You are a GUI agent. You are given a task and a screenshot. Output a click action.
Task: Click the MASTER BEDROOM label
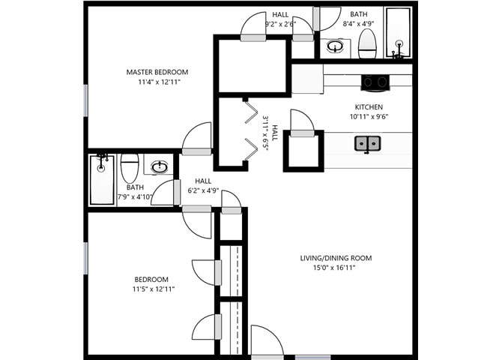pos(157,72)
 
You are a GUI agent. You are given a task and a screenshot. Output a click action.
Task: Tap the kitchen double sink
pos(367,142)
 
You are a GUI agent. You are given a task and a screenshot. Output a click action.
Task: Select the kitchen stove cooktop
pos(374,82)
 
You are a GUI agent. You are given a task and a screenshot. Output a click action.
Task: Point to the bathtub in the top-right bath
pos(397,34)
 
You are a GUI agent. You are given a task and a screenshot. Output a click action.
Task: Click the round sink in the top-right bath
pos(336,47)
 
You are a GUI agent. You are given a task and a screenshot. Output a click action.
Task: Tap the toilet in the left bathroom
pos(130,166)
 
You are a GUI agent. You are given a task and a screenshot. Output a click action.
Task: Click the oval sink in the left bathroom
pos(160,166)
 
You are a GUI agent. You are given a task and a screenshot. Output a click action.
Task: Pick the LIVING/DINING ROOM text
pos(336,259)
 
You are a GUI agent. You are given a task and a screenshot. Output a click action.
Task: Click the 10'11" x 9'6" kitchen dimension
pos(368,117)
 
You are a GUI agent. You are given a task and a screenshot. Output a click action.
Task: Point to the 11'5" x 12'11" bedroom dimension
pos(153,289)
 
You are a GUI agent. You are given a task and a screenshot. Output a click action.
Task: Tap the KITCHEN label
pos(368,106)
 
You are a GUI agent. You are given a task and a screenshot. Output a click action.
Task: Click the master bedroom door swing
pos(197,137)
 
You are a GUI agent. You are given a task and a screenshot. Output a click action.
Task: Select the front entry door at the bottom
pos(265,341)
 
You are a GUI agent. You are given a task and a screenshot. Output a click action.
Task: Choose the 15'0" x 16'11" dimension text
pos(336,268)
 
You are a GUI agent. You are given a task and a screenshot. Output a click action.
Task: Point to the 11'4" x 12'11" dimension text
pos(157,82)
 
